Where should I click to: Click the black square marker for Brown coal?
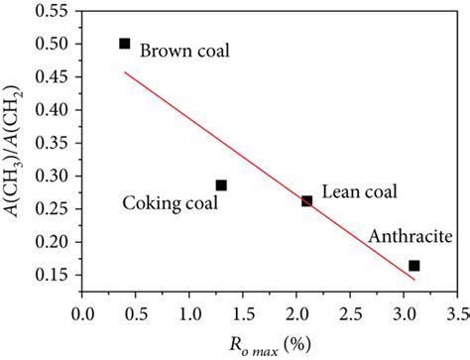[x=124, y=44]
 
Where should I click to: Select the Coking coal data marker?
[x=221, y=185]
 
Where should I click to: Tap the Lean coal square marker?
[x=306, y=201]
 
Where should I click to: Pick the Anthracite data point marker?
[x=413, y=266]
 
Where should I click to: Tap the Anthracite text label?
[x=407, y=237]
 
